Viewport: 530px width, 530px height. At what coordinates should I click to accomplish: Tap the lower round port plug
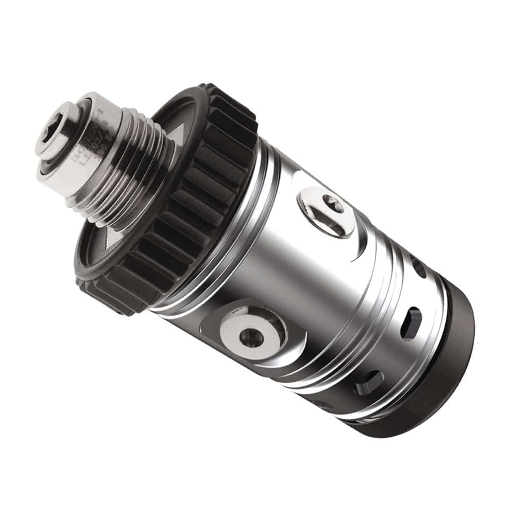(249, 333)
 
